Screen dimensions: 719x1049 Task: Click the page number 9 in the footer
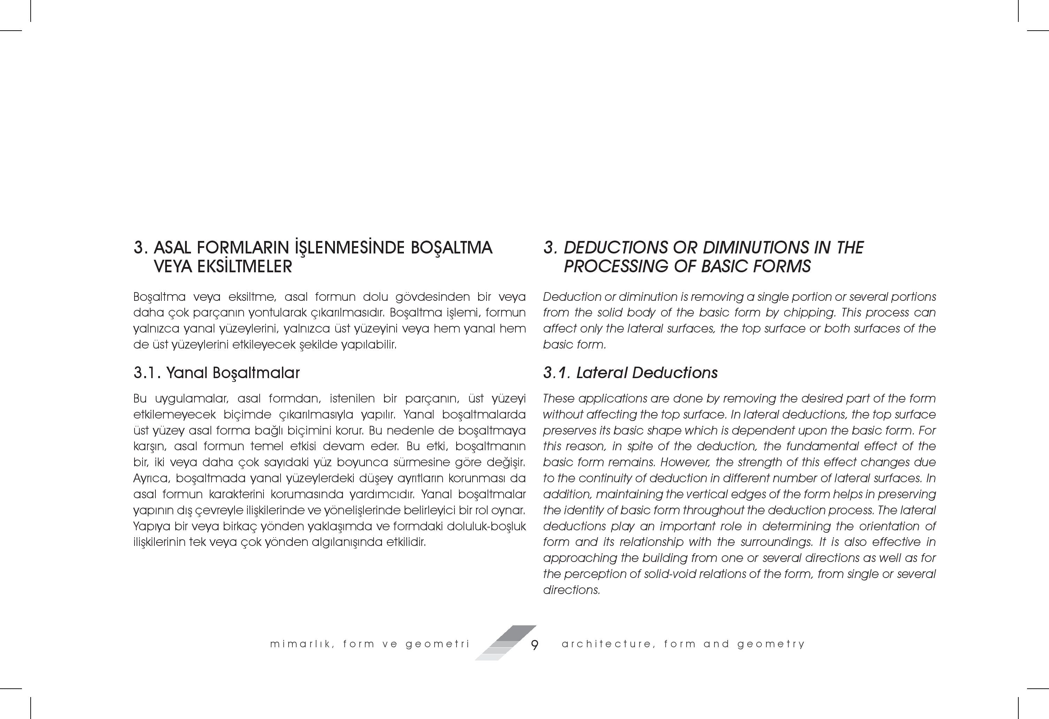pos(534,645)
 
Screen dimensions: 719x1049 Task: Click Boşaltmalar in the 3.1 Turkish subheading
pos(256,373)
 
